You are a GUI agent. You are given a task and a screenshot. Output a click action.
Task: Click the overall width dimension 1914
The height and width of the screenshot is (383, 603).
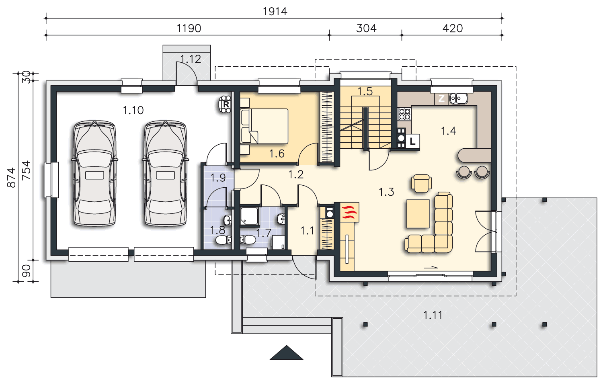275,12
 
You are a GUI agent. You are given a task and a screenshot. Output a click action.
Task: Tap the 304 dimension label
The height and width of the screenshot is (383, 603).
366,28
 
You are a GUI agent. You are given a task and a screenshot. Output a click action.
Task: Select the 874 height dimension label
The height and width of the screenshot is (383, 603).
11,178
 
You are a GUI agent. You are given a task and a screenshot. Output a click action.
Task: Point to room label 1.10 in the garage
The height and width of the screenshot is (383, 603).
133,111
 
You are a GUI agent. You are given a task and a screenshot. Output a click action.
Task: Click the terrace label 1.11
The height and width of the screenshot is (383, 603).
433,315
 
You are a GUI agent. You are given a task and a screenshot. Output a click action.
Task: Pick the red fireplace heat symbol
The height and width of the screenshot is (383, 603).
349,212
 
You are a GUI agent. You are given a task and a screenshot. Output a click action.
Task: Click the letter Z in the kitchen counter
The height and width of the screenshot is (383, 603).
441,98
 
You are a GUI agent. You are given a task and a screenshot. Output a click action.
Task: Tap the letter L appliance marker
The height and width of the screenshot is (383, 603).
413,141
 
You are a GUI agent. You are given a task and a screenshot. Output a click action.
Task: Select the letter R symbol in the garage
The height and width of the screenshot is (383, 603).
226,104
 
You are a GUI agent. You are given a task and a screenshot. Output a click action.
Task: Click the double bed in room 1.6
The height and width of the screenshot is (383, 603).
264,126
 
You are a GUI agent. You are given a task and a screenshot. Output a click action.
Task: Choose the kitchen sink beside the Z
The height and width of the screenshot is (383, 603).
459,98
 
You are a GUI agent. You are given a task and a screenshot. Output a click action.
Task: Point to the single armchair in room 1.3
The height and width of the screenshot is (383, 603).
421,183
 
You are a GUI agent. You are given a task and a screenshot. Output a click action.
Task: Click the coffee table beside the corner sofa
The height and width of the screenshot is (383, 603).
418,214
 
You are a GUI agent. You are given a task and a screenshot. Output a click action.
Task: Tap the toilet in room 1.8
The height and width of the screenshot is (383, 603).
224,240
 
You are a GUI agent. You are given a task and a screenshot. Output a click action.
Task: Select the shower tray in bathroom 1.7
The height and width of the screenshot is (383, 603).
250,216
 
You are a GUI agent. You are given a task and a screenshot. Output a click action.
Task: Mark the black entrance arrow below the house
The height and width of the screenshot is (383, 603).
286,352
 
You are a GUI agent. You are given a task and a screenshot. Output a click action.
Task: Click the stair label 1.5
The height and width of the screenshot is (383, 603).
365,92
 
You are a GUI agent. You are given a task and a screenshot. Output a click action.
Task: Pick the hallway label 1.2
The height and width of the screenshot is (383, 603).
296,175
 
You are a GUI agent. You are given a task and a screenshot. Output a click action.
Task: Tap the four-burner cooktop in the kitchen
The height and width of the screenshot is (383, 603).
404,114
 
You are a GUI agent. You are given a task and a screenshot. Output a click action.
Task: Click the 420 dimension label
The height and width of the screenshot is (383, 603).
453,28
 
